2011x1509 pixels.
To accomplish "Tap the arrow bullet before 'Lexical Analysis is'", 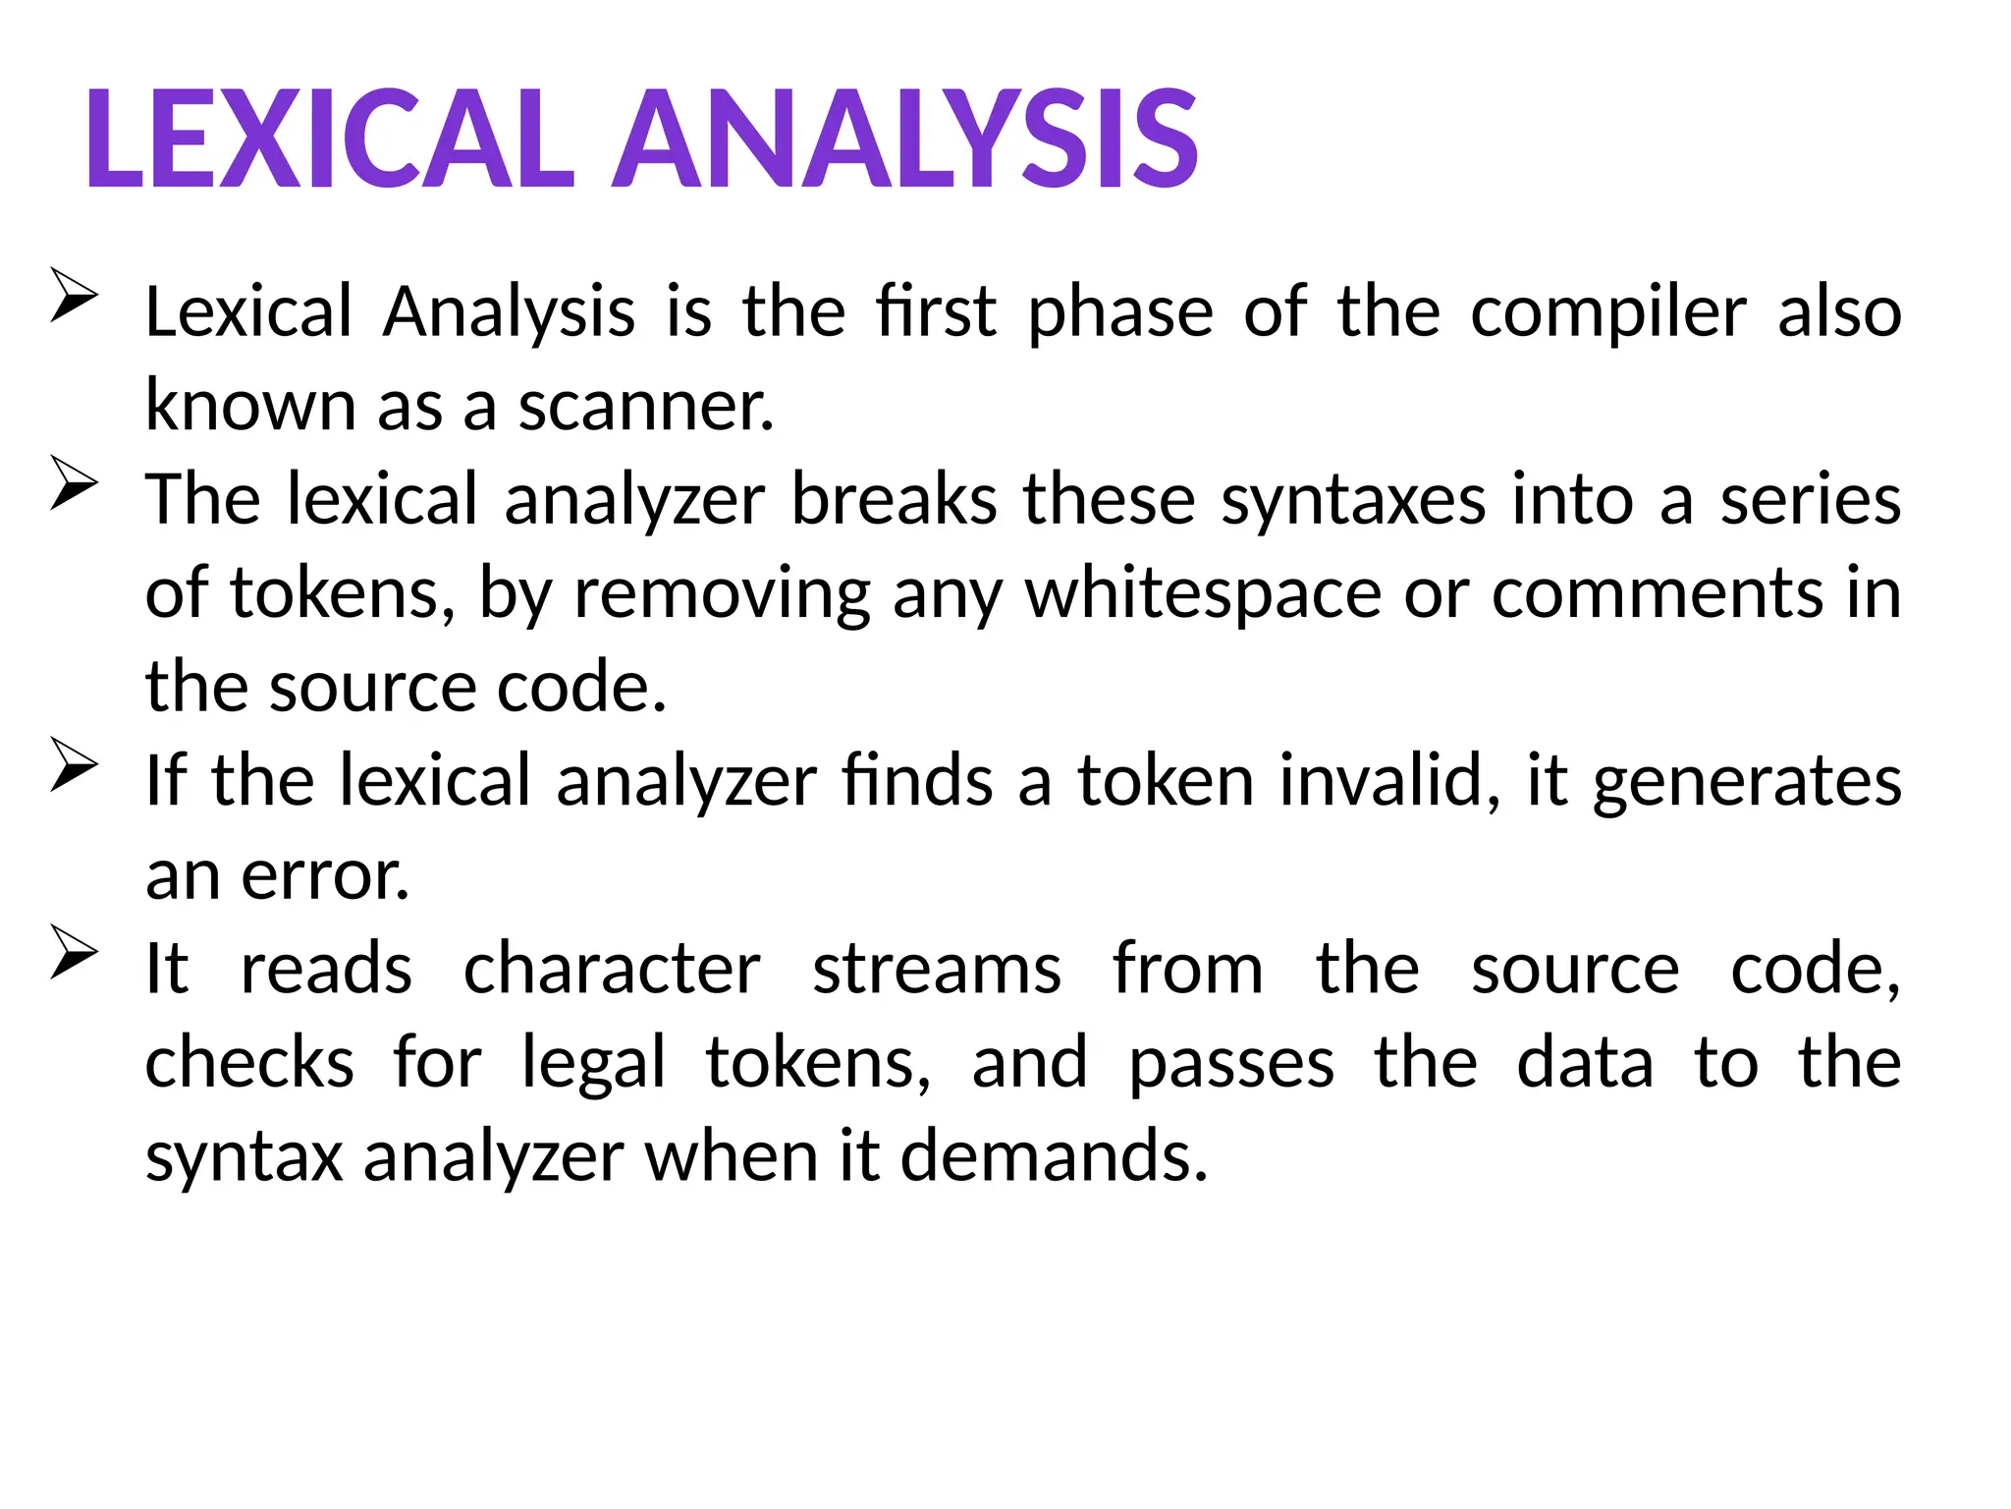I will [74, 295].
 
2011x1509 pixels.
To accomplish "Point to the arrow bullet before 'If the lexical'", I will [74, 764].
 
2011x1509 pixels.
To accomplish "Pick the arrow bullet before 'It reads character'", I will [74, 952].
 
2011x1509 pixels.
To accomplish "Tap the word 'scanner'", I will [645, 407].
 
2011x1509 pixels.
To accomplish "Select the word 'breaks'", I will [895, 500].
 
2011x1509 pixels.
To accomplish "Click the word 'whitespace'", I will [1203, 595].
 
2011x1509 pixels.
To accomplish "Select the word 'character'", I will [612, 971].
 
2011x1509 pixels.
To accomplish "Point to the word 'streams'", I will [937, 971].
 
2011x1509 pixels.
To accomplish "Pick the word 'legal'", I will [593, 1065].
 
